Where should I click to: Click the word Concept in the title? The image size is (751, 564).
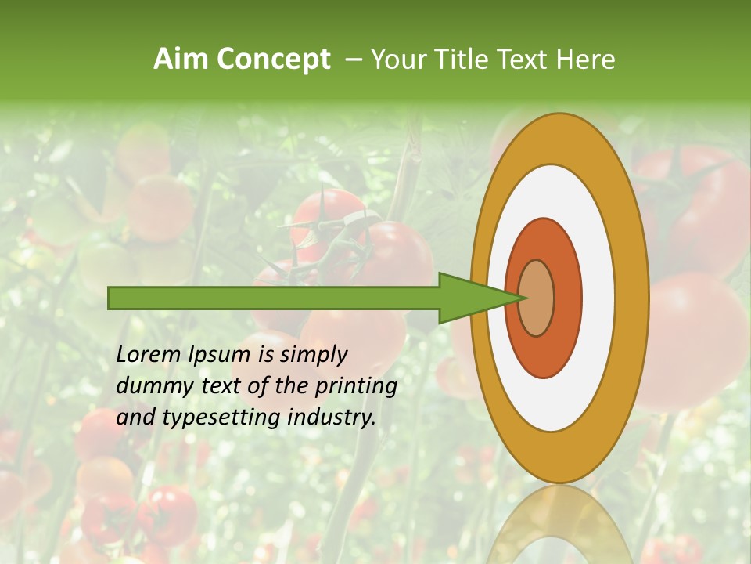[x=273, y=60]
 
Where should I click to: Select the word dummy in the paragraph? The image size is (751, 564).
[x=149, y=387]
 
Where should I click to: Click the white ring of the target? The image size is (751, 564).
[x=598, y=298]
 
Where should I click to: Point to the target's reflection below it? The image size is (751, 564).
[x=559, y=525]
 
